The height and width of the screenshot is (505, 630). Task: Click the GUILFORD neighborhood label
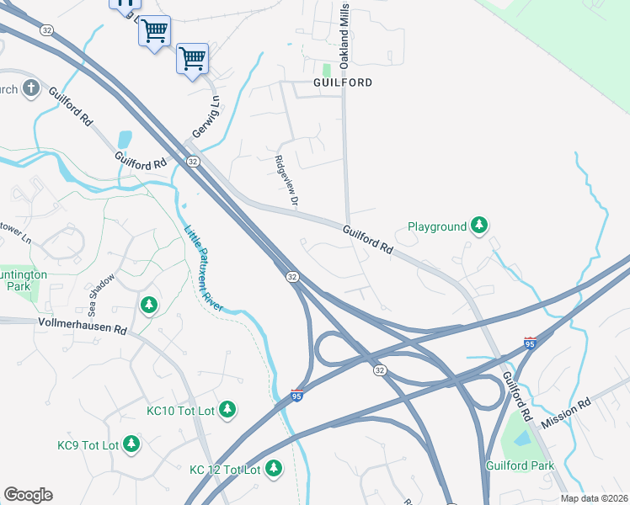pyautogui.click(x=342, y=82)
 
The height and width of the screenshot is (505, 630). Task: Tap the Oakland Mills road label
pyautogui.click(x=344, y=24)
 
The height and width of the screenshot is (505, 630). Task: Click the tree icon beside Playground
pyautogui.click(x=479, y=225)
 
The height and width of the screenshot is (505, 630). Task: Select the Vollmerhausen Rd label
pyautogui.click(x=82, y=323)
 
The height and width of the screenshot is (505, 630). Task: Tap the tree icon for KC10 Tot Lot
pyautogui.click(x=227, y=409)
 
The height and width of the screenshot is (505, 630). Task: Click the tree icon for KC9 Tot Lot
pyautogui.click(x=131, y=443)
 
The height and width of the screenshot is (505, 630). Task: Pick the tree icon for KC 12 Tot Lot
pyautogui.click(x=273, y=468)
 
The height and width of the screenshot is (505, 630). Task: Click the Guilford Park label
pyautogui.click(x=520, y=465)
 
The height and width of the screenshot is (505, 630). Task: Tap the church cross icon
pyautogui.click(x=30, y=88)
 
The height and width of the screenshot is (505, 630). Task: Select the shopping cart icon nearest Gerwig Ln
pyautogui.click(x=192, y=59)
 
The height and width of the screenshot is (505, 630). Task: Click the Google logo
pyautogui.click(x=28, y=495)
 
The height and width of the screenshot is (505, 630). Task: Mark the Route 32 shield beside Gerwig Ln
pyautogui.click(x=193, y=161)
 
